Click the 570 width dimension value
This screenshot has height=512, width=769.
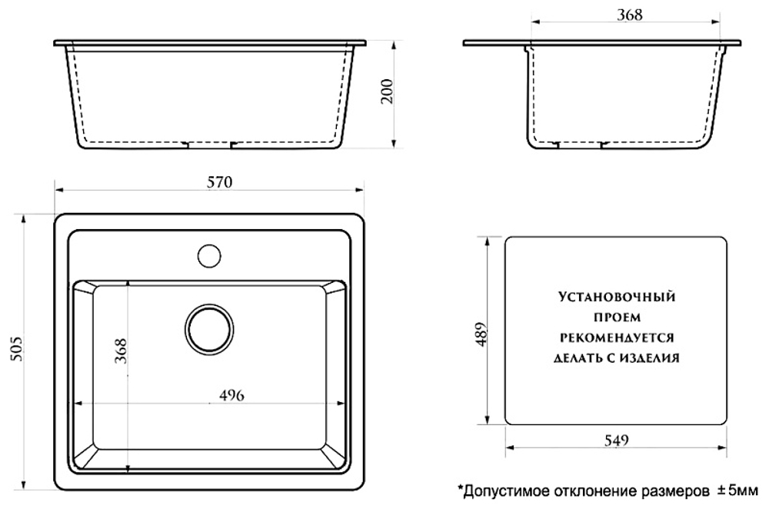219,181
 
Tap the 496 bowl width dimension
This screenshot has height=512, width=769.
231,395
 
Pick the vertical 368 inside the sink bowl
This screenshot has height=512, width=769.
120,351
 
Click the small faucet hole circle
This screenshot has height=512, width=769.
208,254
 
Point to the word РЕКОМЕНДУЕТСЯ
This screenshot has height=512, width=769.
617,337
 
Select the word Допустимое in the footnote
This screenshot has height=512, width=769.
501,490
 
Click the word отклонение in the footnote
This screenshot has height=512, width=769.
587,490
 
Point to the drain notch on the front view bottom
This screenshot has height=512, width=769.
211,145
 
